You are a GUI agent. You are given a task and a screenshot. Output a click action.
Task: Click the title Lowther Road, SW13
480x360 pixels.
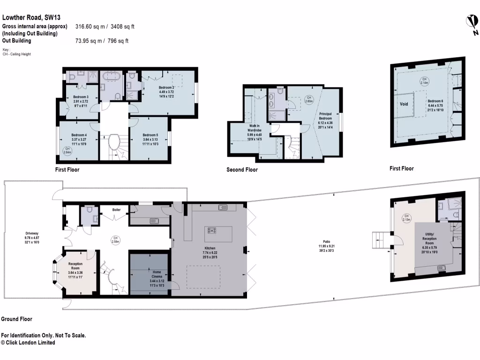click(x=31, y=18)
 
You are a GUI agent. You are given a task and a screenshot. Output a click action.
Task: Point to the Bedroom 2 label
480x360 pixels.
click(x=166, y=91)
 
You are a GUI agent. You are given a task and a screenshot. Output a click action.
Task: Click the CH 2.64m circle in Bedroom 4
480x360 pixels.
click(x=68, y=151)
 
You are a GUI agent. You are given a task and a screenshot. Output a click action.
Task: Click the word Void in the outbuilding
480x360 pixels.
click(x=404, y=104)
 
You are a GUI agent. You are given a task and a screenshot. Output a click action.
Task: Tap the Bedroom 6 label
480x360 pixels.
click(x=435, y=104)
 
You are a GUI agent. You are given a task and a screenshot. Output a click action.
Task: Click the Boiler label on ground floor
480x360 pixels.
click(x=117, y=210)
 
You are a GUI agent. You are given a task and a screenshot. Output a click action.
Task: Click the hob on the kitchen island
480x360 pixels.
click(x=212, y=230)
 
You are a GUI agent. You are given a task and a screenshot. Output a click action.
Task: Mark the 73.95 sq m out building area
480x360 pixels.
click(x=102, y=41)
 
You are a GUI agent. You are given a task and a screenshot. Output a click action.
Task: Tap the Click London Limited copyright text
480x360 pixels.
click(x=28, y=343)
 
